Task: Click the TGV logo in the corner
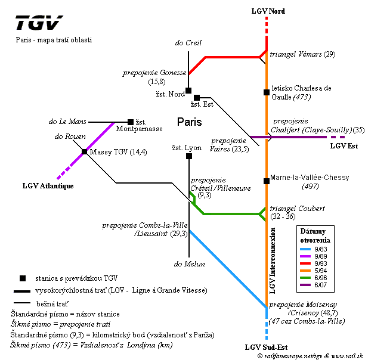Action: (x=38, y=23)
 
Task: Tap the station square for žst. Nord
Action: (x=188, y=91)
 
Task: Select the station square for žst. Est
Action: (x=197, y=97)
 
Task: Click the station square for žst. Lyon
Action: (x=189, y=156)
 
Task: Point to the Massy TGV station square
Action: (x=84, y=151)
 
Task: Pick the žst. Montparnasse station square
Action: (x=131, y=122)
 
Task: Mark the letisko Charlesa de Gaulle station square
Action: (x=267, y=92)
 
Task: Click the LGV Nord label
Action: (x=268, y=11)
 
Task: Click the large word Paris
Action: (x=189, y=122)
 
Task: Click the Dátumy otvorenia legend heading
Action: (x=317, y=235)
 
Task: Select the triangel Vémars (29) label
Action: (x=302, y=55)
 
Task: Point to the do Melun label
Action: (x=190, y=263)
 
